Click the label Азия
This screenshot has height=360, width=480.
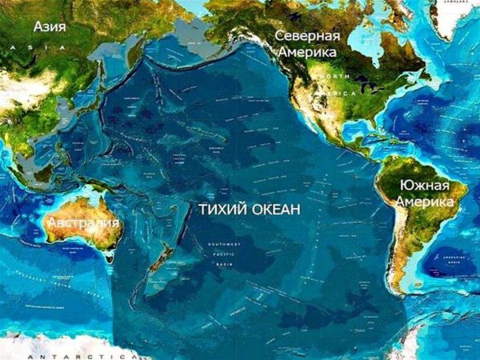click(x=50, y=26)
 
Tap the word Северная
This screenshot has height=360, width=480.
click(x=307, y=37)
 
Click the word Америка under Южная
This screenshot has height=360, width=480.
click(x=425, y=202)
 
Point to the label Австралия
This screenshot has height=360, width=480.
click(x=83, y=222)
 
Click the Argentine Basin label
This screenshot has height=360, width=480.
click(x=457, y=260)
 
